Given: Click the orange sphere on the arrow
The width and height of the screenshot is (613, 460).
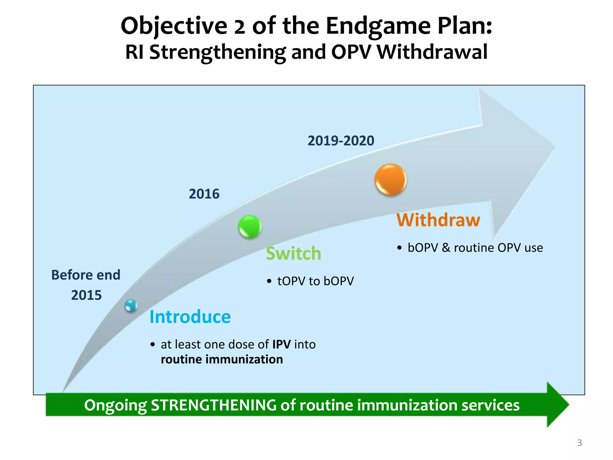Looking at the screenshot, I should click(390, 180).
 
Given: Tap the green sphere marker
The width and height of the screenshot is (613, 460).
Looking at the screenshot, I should click(250, 227).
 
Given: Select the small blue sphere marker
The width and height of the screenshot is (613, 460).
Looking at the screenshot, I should click(131, 306).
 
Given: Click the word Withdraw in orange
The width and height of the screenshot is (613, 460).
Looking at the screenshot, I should click(438, 220).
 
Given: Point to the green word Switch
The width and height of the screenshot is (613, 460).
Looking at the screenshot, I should click(293, 254).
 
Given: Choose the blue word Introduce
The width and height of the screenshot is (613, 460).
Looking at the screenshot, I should click(190, 317).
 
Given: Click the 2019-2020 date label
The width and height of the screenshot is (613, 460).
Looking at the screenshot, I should click(341, 141).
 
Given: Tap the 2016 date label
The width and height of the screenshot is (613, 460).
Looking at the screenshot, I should click(204, 194).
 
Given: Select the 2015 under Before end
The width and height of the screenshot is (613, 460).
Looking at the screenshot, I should click(86, 295).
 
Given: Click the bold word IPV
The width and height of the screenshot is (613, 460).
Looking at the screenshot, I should click(281, 344).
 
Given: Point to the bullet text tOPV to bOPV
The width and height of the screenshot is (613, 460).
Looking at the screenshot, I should click(315, 281).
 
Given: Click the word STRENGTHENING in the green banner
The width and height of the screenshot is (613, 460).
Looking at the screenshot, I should click(213, 405).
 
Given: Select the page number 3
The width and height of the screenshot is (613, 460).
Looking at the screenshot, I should click(579, 443).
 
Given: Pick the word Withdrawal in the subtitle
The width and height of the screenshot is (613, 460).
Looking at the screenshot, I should click(432, 52).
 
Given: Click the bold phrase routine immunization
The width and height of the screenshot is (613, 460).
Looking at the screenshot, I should click(221, 359).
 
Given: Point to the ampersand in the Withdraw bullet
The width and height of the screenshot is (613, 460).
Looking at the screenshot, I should click(446, 248).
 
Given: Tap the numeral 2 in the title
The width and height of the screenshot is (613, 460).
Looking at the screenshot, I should click(239, 26).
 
